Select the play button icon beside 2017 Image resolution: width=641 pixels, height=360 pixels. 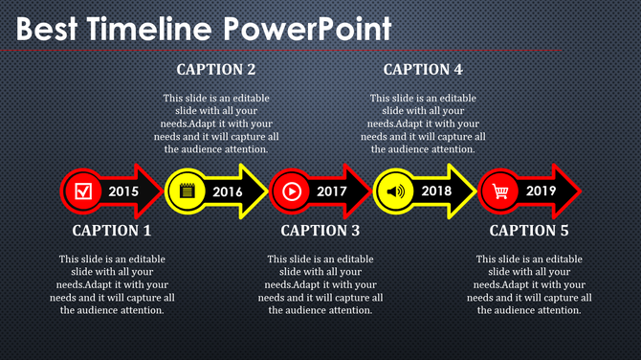pos(292,191)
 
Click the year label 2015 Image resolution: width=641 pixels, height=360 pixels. pos(123,191)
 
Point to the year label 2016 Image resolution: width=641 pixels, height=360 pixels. pos(228,191)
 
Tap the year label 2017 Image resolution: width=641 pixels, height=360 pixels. pos(332,191)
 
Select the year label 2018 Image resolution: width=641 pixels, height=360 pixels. pos(436,191)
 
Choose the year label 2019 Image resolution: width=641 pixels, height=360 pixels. pos(541,191)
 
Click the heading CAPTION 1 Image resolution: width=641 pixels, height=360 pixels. pos(112,231)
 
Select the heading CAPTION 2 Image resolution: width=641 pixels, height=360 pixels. pos(216,70)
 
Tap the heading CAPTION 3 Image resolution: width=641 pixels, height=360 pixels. pos(320,231)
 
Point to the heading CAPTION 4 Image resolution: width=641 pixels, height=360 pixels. pos(423,70)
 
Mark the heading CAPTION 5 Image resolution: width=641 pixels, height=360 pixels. pos(529,231)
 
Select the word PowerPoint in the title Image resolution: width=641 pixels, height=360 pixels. pos(308,30)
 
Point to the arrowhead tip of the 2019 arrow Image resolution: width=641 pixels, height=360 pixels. pos(579,191)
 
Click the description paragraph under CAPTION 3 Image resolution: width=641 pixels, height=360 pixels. pos(320,284)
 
